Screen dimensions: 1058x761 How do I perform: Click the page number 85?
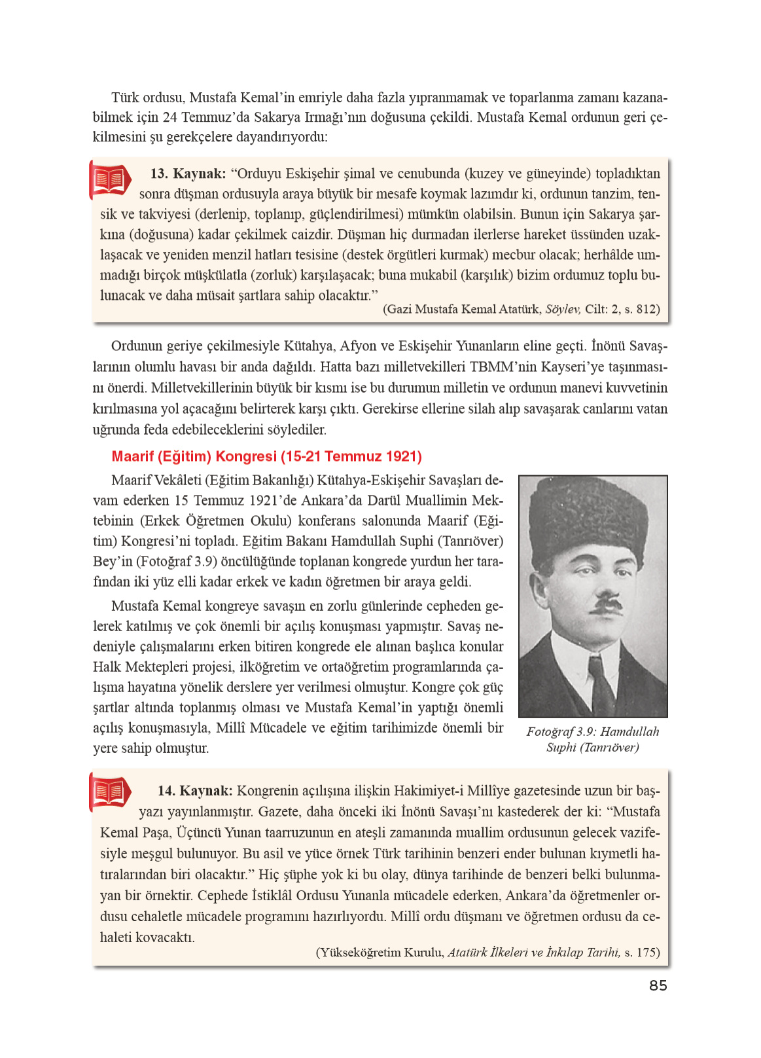click(658, 985)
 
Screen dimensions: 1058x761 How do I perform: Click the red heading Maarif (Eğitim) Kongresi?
click(266, 456)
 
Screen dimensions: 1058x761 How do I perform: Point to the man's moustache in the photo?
click(606, 605)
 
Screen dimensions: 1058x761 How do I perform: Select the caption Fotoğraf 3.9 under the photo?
click(592, 739)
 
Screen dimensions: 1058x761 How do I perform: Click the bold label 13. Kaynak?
click(188, 173)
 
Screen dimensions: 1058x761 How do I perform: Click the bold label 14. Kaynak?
click(195, 791)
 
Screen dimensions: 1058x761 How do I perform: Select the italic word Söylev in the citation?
click(562, 309)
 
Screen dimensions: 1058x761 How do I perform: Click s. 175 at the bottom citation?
click(641, 953)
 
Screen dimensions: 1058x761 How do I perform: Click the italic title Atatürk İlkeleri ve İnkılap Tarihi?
click(533, 953)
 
